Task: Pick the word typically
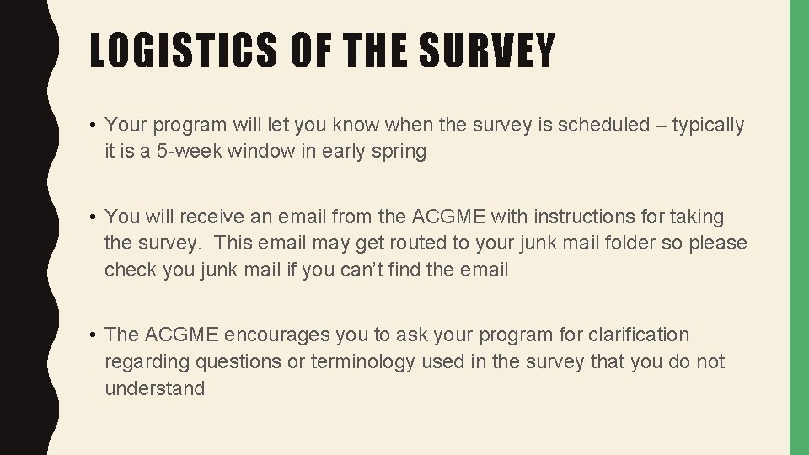point(708,126)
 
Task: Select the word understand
point(155,388)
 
